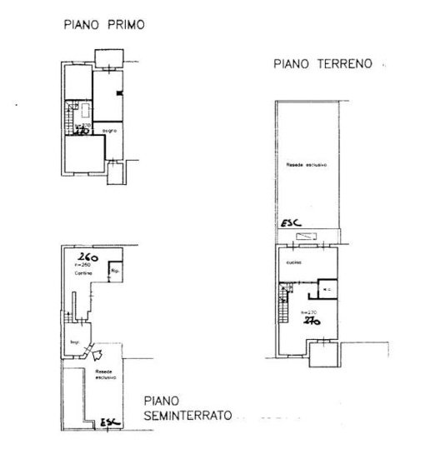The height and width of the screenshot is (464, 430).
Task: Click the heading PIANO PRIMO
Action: [104, 25]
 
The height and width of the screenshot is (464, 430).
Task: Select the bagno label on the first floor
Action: [109, 131]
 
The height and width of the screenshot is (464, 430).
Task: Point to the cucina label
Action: [292, 262]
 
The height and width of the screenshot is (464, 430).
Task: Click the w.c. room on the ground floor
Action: [327, 290]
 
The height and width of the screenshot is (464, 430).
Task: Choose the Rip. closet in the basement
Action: [116, 271]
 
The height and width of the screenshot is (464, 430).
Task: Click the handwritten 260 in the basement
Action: [87, 257]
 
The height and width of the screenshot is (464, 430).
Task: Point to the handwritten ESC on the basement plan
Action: [109, 423]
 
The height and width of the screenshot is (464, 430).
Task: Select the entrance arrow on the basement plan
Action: [102, 353]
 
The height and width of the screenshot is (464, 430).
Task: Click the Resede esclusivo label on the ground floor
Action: [306, 165]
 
